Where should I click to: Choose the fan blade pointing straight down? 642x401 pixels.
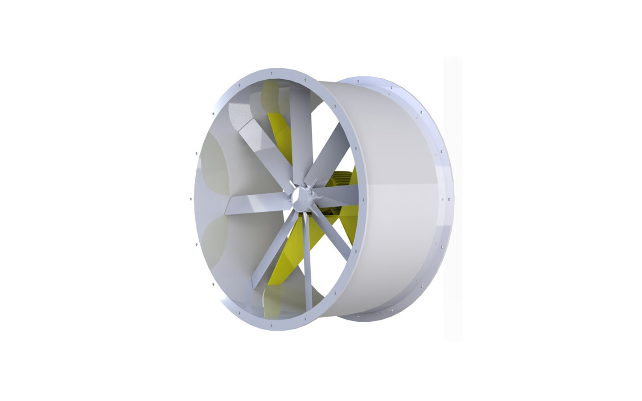click(x=307, y=258)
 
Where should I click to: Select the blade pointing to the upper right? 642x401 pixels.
click(x=332, y=154)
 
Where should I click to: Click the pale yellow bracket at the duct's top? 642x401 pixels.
click(x=267, y=94)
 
